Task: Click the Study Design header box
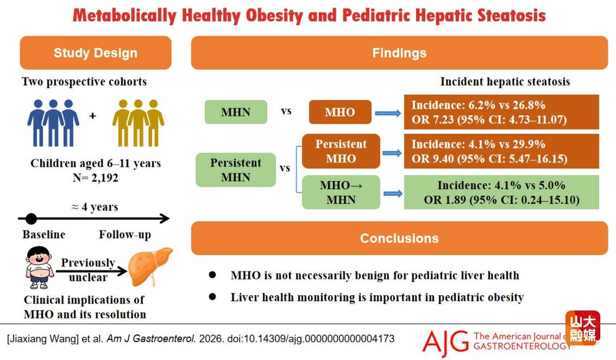96,53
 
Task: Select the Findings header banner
399,53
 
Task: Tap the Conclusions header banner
399,238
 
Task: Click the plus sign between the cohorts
93,116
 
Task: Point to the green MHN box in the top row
236,112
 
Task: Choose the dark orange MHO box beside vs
340,112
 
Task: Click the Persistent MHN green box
236,170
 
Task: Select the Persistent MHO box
341,151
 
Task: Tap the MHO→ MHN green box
341,192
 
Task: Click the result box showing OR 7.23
502,112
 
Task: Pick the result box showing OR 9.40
502,151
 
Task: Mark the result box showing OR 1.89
502,192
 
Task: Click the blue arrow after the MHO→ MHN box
393,194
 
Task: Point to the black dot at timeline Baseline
31,219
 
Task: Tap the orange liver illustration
150,266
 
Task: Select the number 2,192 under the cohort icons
105,178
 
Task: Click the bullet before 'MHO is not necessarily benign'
212,274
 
